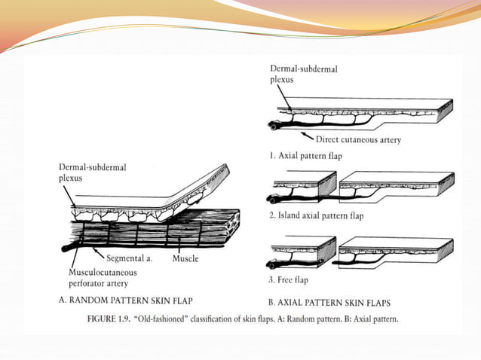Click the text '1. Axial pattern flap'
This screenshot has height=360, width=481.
pos(305,156)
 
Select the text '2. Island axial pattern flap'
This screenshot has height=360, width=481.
pos(317,216)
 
